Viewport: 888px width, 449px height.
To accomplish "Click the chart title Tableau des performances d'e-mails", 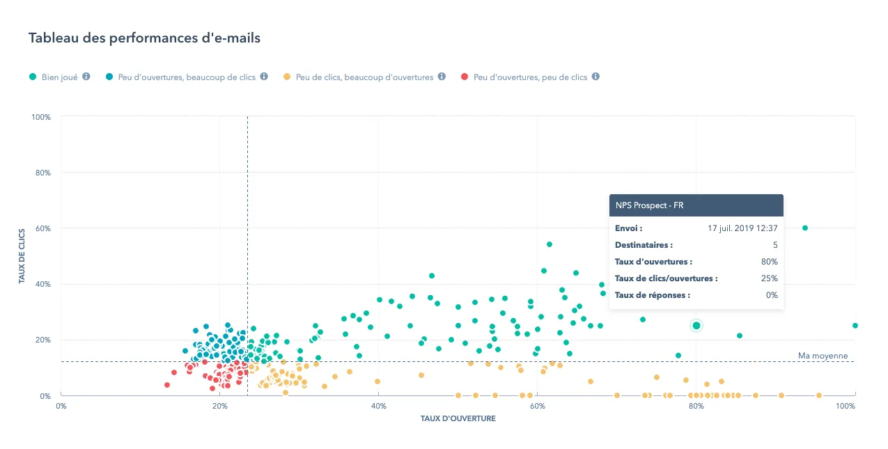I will (x=144, y=38).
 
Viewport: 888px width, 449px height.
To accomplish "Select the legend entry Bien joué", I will (x=59, y=77).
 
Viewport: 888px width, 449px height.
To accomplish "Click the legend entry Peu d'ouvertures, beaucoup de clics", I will (x=187, y=77).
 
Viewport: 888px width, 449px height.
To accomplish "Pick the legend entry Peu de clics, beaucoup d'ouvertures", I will (x=364, y=77).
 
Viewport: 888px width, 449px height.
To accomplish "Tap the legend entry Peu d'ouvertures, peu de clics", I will (x=530, y=77).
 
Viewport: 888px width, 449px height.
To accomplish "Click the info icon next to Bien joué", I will (x=86, y=77).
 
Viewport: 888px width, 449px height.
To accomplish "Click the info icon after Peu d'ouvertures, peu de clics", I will (x=595, y=77).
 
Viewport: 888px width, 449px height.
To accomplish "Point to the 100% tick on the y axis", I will (x=41, y=117).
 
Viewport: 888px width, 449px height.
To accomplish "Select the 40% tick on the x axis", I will (x=378, y=406).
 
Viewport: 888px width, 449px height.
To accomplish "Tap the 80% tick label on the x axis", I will (x=696, y=406).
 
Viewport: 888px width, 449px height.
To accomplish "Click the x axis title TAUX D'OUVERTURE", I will (x=458, y=419).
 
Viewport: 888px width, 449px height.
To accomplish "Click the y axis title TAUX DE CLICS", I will (x=22, y=256).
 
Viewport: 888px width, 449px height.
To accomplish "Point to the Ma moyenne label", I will (x=823, y=356).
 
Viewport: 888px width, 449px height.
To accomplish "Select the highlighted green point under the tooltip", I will (x=696, y=326).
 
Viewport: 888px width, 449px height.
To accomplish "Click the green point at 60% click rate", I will (x=805, y=228).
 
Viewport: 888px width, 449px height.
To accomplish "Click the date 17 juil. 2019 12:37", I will (x=742, y=228).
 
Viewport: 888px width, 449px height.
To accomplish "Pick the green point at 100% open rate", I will (x=855, y=325).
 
